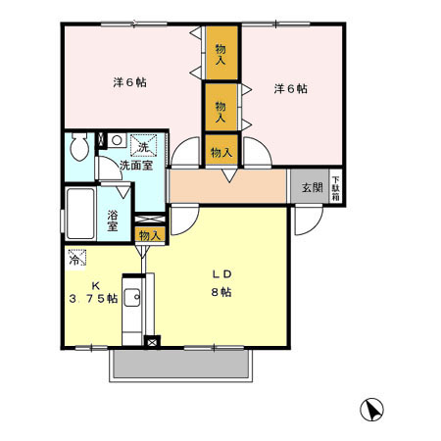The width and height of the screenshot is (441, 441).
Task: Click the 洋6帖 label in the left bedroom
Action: (130, 82)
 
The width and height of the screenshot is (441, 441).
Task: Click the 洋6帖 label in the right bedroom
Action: (290, 88)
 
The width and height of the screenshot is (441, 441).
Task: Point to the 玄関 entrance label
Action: (311, 186)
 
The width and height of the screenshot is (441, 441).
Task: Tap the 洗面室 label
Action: (135, 166)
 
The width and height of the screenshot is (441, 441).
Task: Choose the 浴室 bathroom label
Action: (113, 219)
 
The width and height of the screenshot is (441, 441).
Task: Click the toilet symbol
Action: (81, 148)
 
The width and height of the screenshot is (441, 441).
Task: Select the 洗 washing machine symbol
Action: (143, 146)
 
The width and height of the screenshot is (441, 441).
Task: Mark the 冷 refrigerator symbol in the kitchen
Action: (76, 260)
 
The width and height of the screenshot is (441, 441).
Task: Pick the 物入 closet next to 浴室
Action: (149, 235)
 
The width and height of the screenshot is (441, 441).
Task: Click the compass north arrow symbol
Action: (373, 408)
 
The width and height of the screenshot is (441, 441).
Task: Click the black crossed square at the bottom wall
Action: (151, 343)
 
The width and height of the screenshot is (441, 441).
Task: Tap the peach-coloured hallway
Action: (227, 184)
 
